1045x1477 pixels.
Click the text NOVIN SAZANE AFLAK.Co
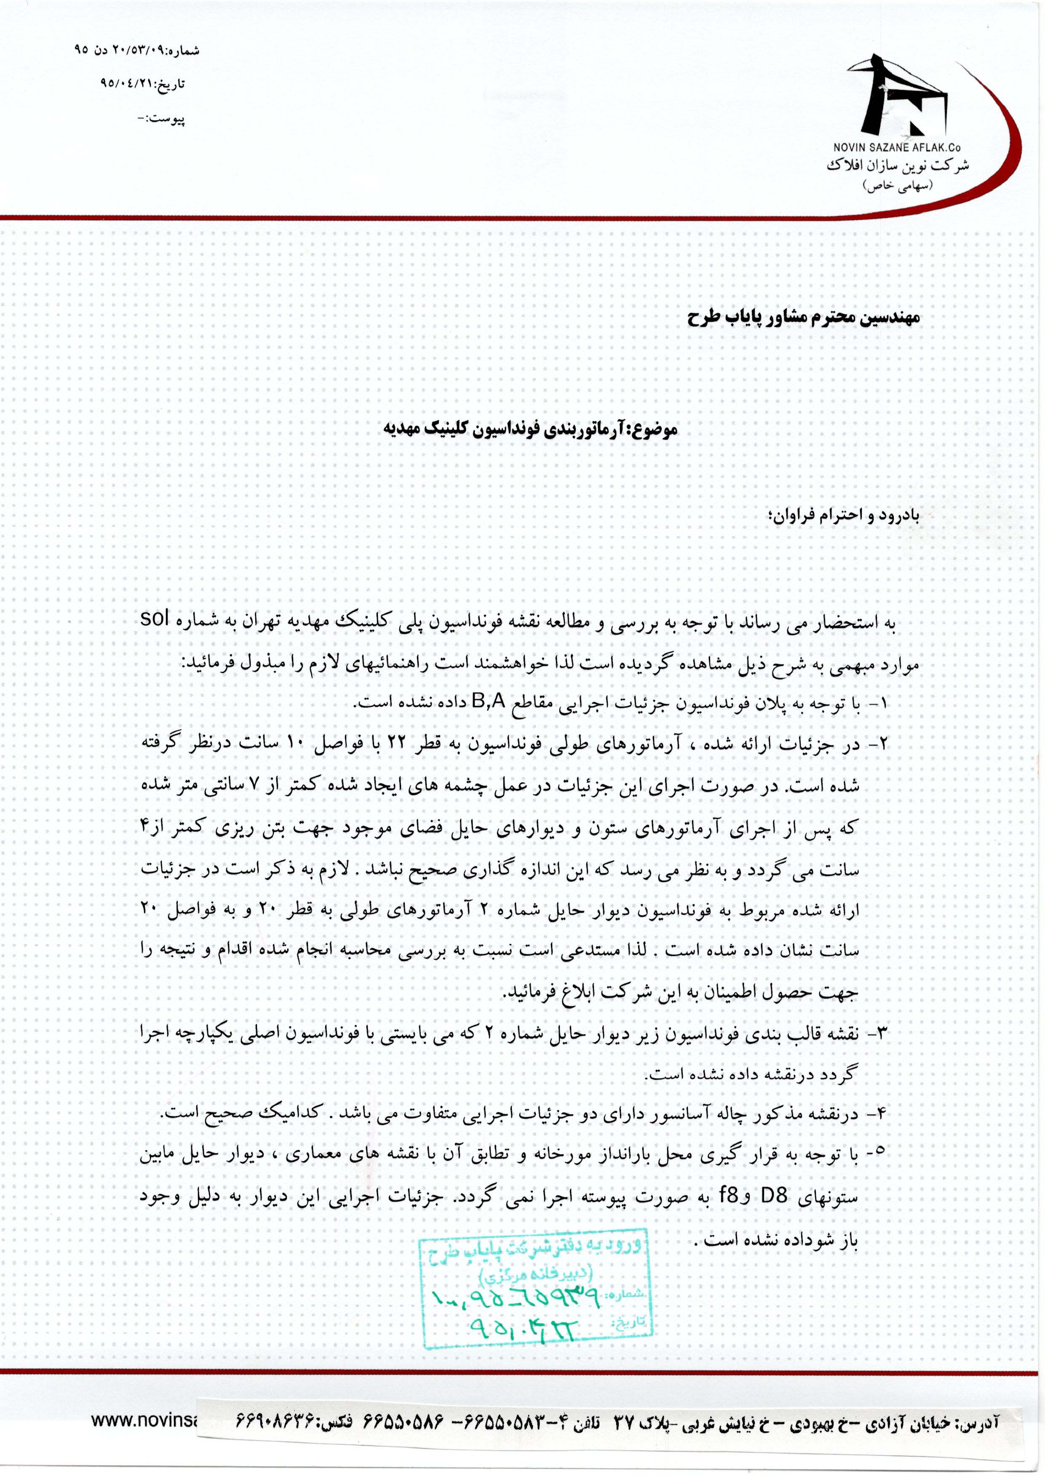pos(901,149)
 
